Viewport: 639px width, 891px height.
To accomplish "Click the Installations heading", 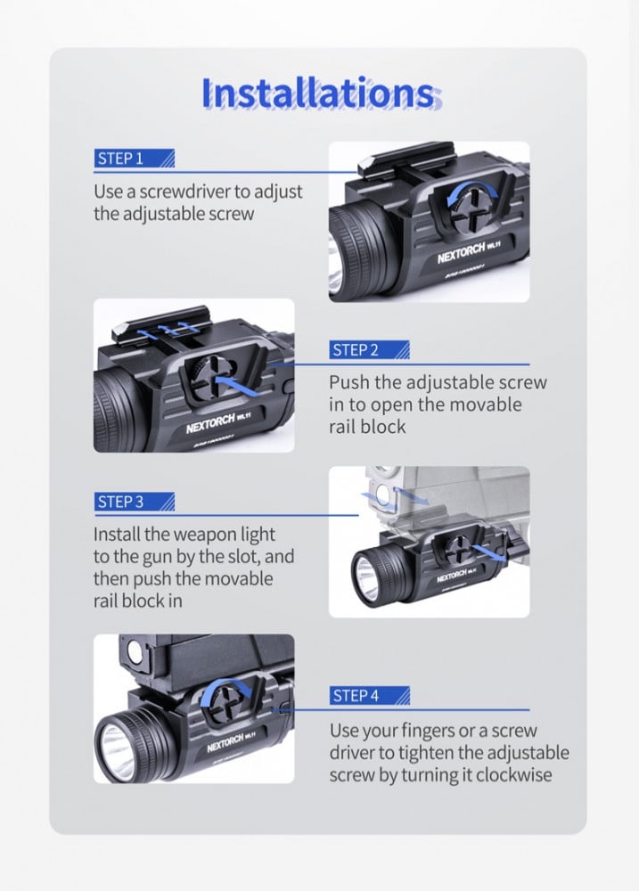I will [318, 94].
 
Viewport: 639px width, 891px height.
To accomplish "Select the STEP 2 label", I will [356, 350].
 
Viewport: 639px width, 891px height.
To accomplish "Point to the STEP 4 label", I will [356, 695].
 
